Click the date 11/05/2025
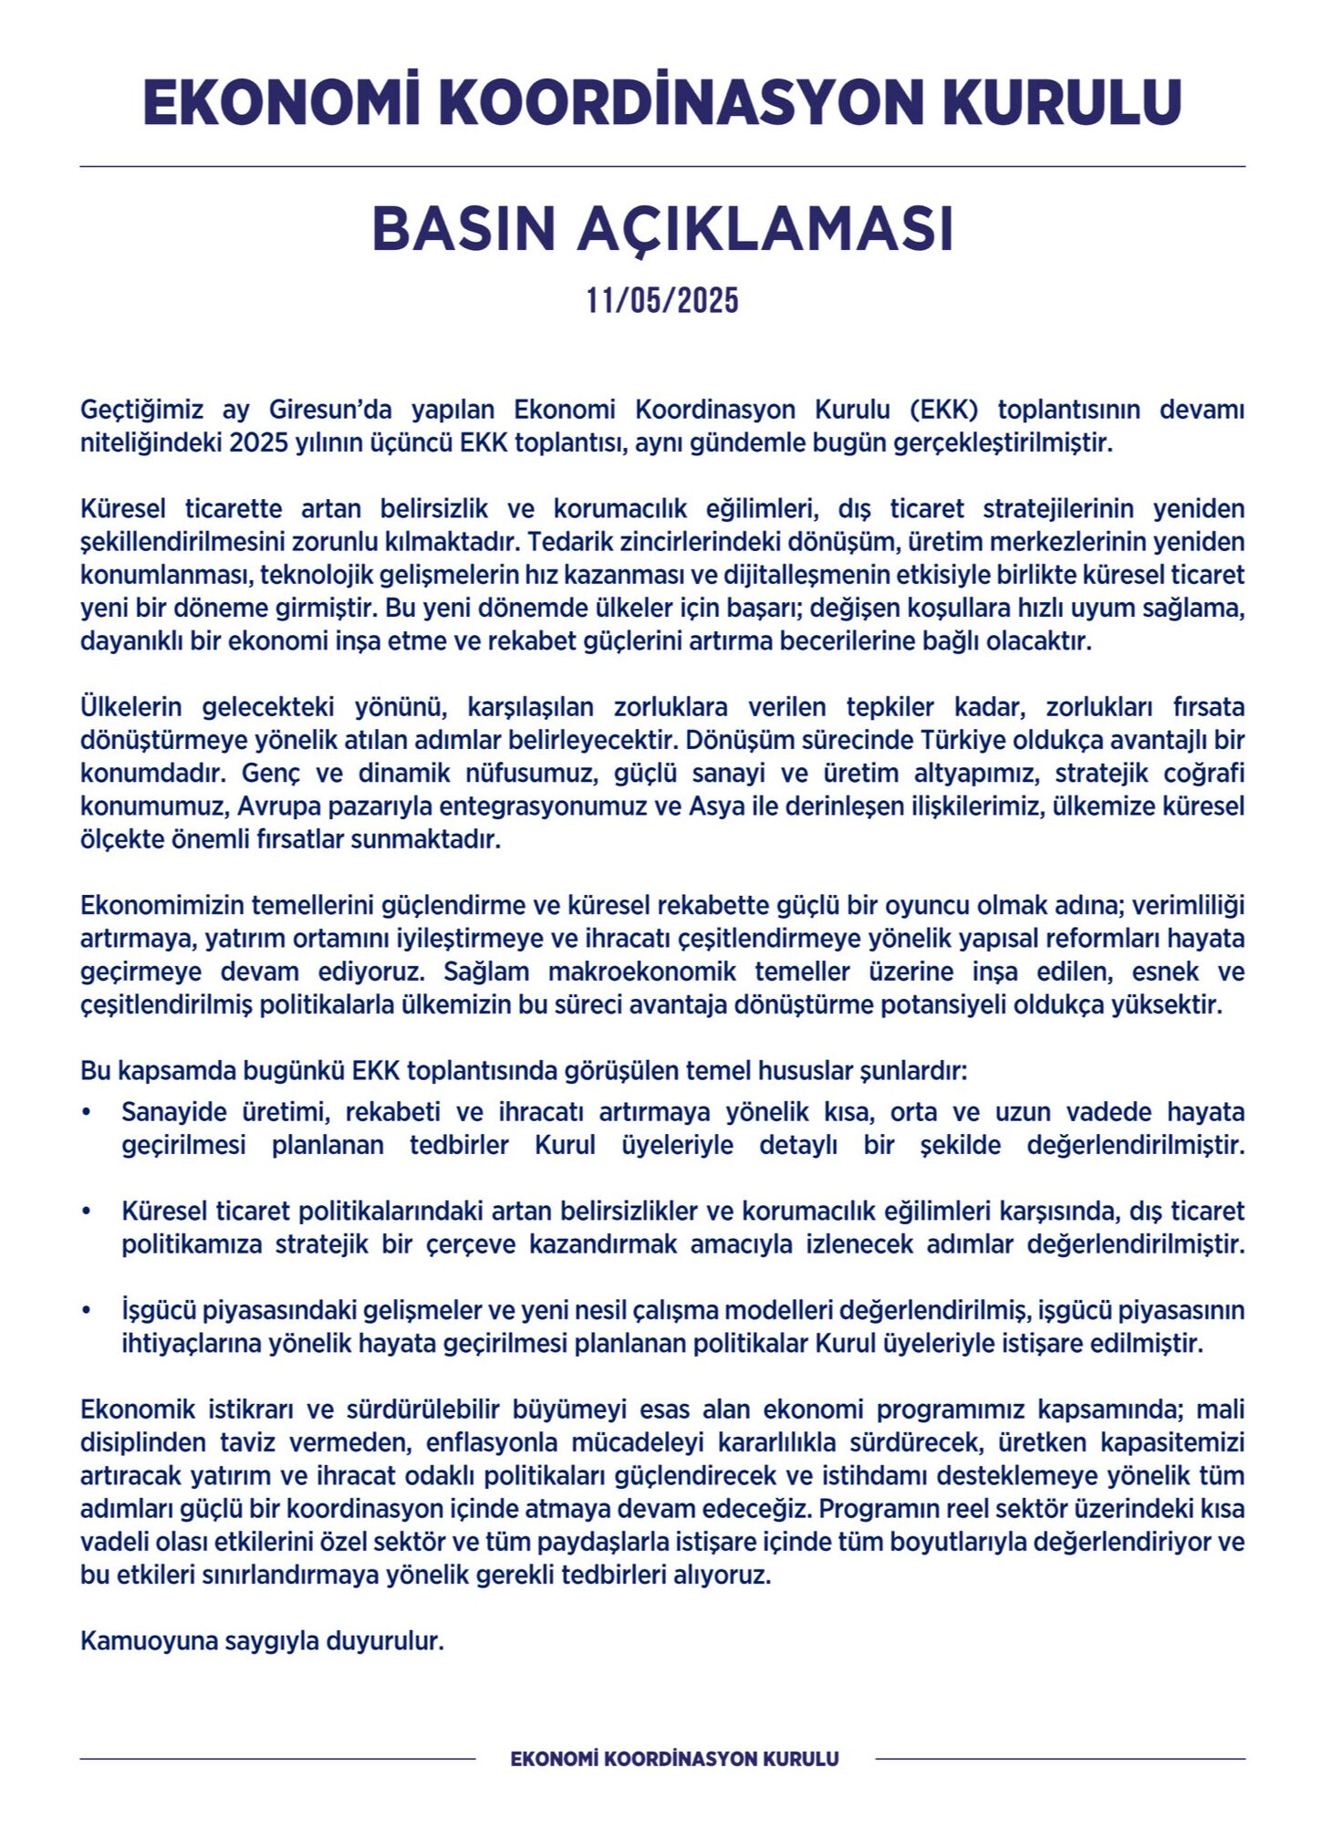click(x=662, y=300)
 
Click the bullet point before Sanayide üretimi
click(x=86, y=1113)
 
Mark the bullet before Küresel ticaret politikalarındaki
click(x=86, y=1212)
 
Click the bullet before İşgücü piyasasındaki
click(x=86, y=1311)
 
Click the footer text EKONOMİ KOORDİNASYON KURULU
click(x=674, y=1759)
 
